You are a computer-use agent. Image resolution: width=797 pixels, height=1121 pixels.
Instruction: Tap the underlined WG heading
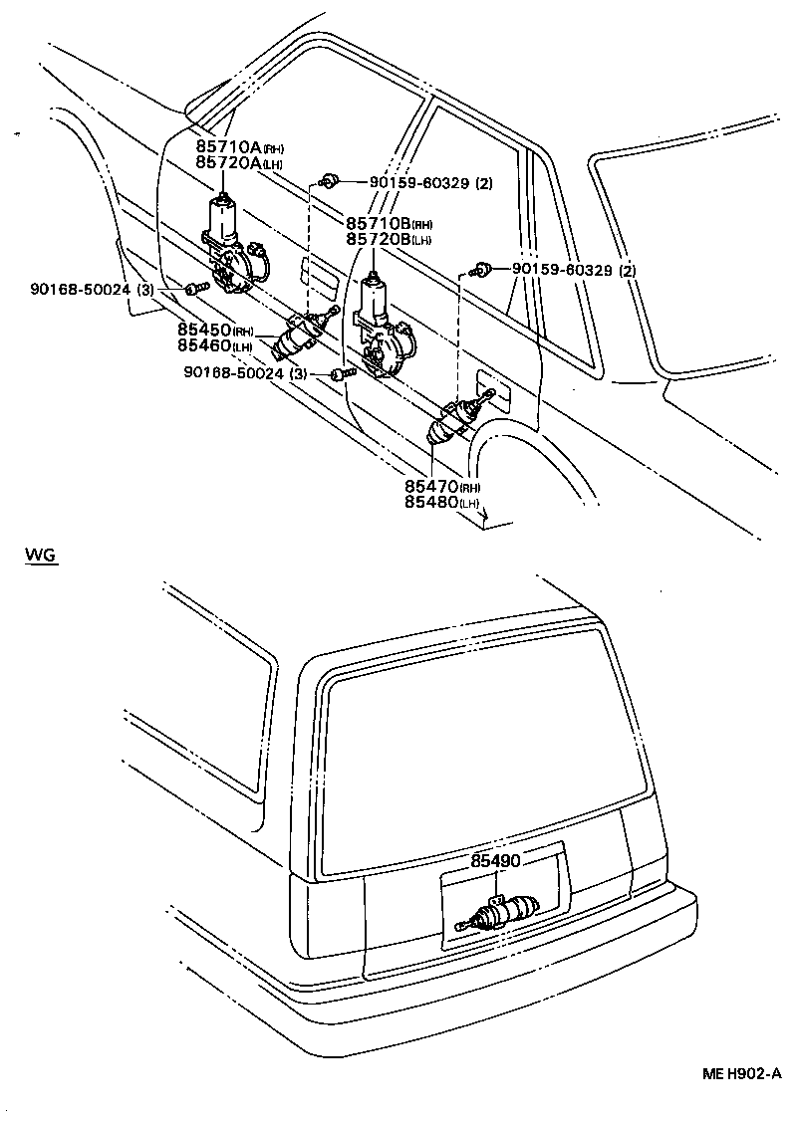coord(42,555)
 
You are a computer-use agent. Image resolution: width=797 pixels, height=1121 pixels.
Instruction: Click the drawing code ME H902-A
coord(740,1073)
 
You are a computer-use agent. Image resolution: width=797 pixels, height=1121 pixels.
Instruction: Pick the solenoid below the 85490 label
coord(503,913)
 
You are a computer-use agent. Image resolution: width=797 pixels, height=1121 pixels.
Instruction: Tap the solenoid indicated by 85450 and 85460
coord(296,336)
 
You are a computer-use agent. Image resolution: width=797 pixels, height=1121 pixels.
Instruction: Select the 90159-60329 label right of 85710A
coord(430,183)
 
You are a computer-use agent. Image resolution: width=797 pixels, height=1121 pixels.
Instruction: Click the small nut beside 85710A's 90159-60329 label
coord(328,180)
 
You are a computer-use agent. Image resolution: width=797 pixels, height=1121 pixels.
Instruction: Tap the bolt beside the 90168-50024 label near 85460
coord(342,374)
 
